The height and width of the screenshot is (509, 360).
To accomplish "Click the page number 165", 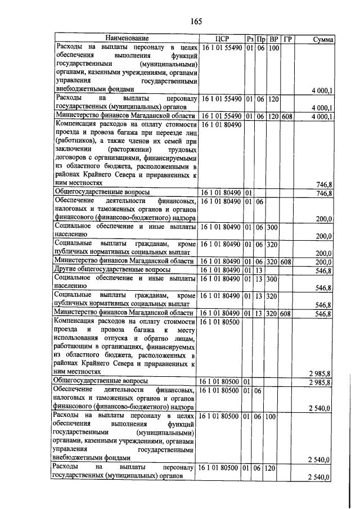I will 196,22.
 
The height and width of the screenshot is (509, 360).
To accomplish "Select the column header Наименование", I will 125,39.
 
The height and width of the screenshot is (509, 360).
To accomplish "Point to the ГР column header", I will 288,39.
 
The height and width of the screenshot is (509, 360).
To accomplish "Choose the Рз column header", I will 250,39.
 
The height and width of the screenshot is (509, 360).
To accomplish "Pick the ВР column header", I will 273,39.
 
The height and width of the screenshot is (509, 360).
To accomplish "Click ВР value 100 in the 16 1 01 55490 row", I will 273,48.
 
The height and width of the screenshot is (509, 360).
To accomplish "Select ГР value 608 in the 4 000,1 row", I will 287,116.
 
